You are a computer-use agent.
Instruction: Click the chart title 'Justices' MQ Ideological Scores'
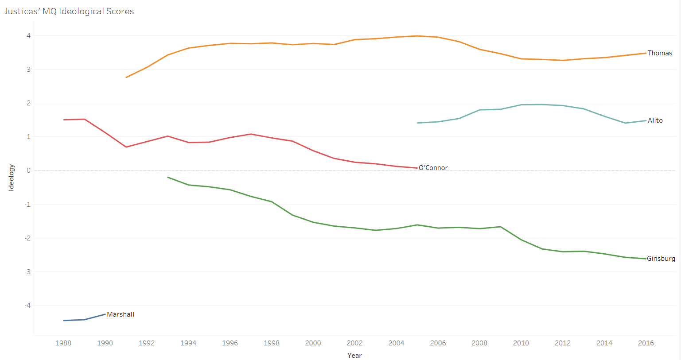(x=69, y=12)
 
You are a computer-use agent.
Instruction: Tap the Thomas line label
(x=660, y=53)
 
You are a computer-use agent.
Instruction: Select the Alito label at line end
(x=655, y=120)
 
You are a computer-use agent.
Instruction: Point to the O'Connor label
(x=433, y=168)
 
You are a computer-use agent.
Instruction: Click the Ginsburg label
(x=661, y=259)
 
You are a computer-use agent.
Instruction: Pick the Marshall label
(x=121, y=314)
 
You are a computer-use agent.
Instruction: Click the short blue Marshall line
(x=84, y=319)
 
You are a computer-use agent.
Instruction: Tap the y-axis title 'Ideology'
(x=12, y=178)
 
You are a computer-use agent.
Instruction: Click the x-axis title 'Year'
(x=354, y=355)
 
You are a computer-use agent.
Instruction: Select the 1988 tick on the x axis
(x=63, y=343)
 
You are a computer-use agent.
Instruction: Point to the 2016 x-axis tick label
(x=646, y=343)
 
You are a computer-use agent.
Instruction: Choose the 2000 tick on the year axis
(x=313, y=343)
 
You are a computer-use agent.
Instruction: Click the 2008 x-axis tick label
(x=479, y=343)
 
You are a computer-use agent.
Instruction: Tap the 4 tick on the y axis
(x=28, y=36)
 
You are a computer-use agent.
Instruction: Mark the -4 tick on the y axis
(x=27, y=305)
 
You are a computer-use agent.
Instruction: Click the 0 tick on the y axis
(x=28, y=170)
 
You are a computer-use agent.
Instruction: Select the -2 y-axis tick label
(x=27, y=238)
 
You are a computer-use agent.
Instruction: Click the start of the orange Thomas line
(x=127, y=77)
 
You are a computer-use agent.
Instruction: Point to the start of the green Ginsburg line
(x=168, y=177)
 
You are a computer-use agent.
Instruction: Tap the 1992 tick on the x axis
(x=147, y=343)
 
